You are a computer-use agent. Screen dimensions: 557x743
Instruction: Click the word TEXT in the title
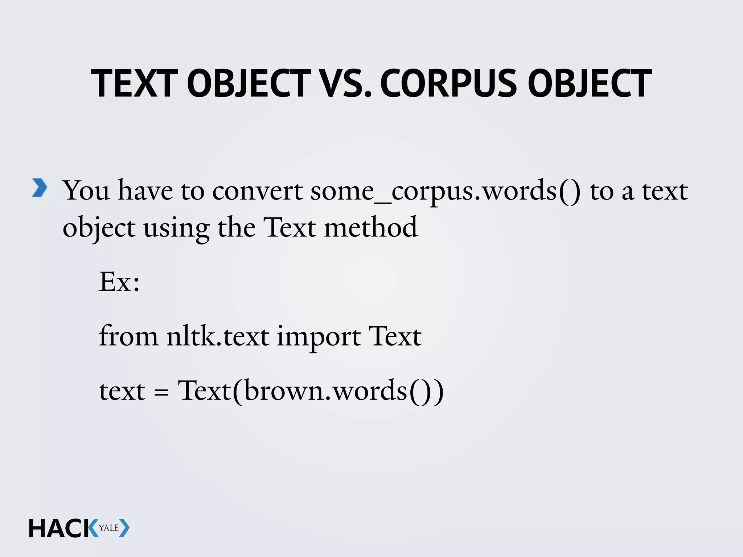click(134, 84)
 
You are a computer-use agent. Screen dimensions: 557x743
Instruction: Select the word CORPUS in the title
click(448, 84)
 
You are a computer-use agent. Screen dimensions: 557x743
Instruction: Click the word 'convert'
click(257, 191)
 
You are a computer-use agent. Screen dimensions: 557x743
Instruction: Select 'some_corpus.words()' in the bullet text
click(445, 191)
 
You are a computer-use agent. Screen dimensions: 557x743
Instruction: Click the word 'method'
click(371, 227)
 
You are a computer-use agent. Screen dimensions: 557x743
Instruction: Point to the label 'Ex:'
click(119, 282)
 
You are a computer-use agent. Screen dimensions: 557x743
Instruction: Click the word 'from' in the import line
click(128, 336)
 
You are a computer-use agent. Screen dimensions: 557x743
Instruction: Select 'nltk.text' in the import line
click(218, 336)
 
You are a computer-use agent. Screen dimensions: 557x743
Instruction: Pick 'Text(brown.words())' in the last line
click(311, 391)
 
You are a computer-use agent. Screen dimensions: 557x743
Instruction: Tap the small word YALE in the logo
click(108, 528)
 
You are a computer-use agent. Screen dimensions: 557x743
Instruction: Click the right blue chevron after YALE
click(124, 528)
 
